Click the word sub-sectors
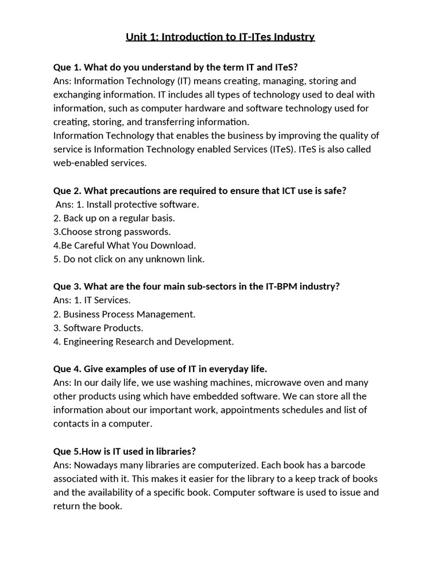pyautogui.click(x=196, y=287)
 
